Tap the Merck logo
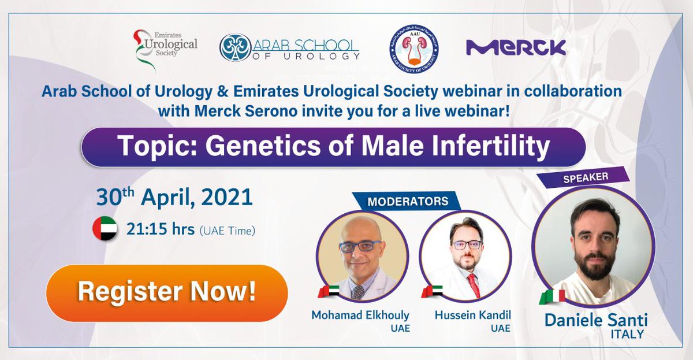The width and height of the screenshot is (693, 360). click(516, 47)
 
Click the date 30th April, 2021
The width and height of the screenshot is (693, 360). click(175, 198)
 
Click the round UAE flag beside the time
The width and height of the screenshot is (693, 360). click(105, 229)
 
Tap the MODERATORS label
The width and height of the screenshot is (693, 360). click(408, 202)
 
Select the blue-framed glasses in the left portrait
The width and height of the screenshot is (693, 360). click(360, 246)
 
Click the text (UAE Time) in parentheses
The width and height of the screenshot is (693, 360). click(228, 231)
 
